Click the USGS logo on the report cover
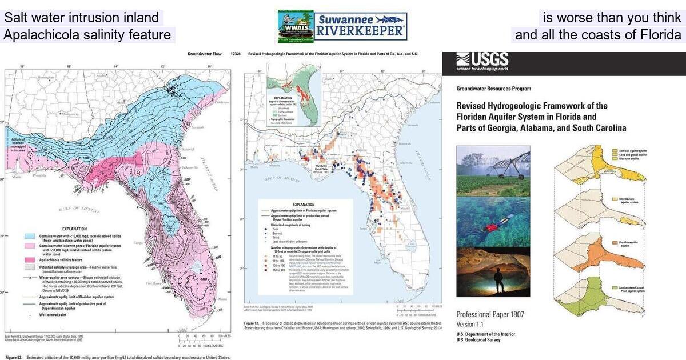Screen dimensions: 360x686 click(x=482, y=61)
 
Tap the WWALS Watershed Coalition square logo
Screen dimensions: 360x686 click(x=295, y=26)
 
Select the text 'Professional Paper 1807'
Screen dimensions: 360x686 click(x=490, y=315)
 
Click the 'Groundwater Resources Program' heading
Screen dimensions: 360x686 click(x=493, y=89)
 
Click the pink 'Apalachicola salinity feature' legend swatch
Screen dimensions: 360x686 click(x=31, y=259)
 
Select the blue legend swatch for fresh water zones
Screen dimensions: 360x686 click(x=31, y=237)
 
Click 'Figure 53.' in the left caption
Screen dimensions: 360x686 click(x=16, y=357)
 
